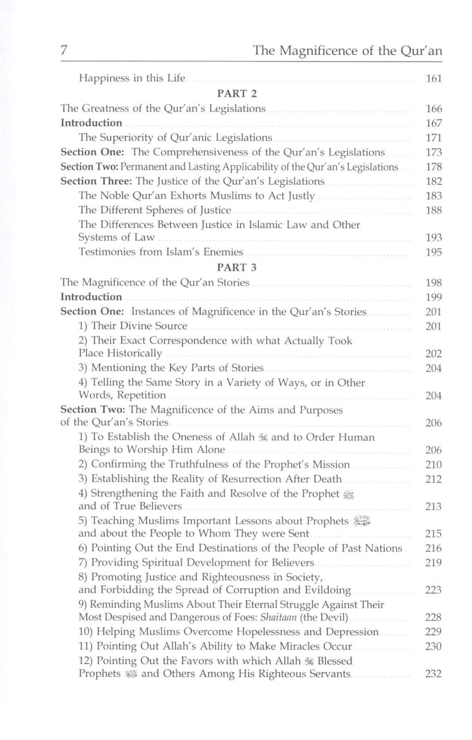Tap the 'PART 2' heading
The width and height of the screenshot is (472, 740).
point(237,94)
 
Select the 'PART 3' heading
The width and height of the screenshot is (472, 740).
point(237,267)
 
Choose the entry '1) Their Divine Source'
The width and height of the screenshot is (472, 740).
point(133,326)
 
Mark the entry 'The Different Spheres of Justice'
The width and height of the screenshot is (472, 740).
point(155,210)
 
